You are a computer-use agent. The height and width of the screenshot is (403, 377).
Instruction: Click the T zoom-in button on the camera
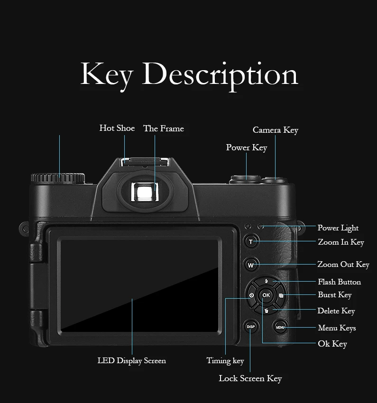click(251, 242)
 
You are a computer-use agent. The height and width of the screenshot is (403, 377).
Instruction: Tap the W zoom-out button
click(251, 265)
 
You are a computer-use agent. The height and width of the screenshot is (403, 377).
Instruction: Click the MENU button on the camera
click(280, 327)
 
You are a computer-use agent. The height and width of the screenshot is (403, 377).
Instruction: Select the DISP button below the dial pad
click(251, 327)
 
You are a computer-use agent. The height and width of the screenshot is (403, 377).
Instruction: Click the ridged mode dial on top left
click(58, 178)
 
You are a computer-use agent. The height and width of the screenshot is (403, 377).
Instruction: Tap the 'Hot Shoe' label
click(117, 128)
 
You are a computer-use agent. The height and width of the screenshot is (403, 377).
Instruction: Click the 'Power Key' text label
click(247, 147)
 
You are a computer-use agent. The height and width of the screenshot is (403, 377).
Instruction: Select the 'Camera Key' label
click(276, 130)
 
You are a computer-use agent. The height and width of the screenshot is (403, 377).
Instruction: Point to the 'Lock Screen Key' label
click(250, 378)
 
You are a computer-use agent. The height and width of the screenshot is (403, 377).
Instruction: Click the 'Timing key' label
click(225, 361)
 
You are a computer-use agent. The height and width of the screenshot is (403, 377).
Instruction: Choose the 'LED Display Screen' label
click(132, 361)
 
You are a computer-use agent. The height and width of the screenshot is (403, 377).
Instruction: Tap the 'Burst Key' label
click(335, 295)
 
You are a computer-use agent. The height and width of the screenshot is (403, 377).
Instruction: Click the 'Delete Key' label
click(336, 311)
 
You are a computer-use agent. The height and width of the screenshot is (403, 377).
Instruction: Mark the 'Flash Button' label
click(340, 282)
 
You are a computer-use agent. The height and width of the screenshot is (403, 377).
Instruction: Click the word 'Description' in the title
click(220, 74)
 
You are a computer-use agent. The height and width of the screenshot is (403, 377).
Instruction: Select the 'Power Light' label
click(338, 228)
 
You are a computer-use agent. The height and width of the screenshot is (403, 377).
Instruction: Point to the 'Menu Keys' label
click(337, 328)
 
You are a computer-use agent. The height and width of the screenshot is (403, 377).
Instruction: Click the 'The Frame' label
click(164, 128)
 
